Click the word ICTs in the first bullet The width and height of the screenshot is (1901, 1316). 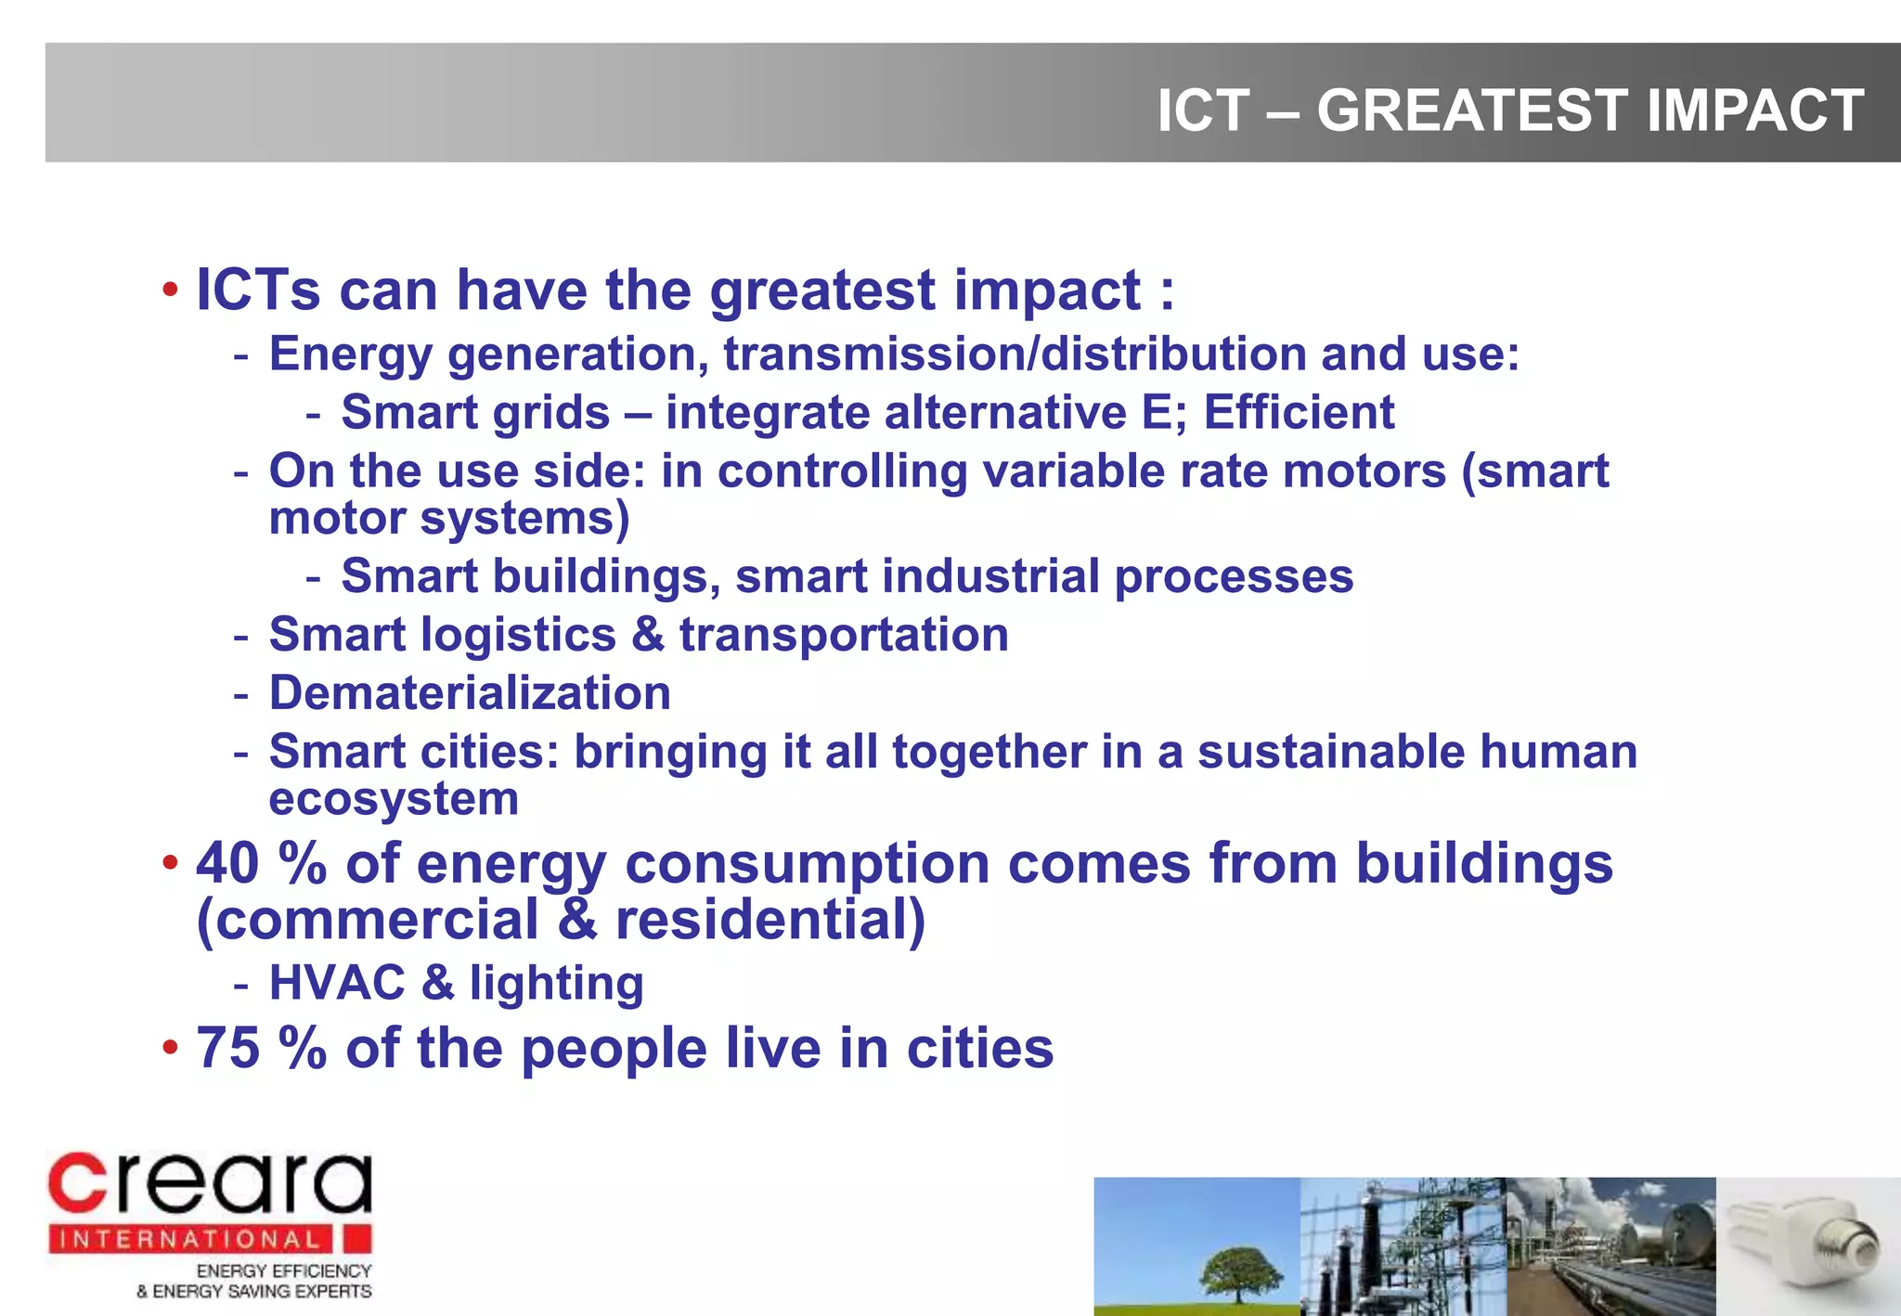pos(258,290)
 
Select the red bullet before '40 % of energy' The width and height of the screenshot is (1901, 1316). pos(169,863)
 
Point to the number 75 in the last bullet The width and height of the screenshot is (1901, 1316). pos(227,1049)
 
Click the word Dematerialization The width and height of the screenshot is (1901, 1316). pos(470,693)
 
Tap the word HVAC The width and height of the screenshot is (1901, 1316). pos(337,983)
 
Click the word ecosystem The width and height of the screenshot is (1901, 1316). pos(394,799)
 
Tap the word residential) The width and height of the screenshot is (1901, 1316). pos(770,921)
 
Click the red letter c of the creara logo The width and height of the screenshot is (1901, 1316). pos(78,1184)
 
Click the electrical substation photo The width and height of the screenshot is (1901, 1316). pos(1402,1245)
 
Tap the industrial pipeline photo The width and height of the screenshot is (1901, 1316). pos(1610,1245)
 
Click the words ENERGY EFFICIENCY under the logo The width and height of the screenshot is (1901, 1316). pos(283,1271)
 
